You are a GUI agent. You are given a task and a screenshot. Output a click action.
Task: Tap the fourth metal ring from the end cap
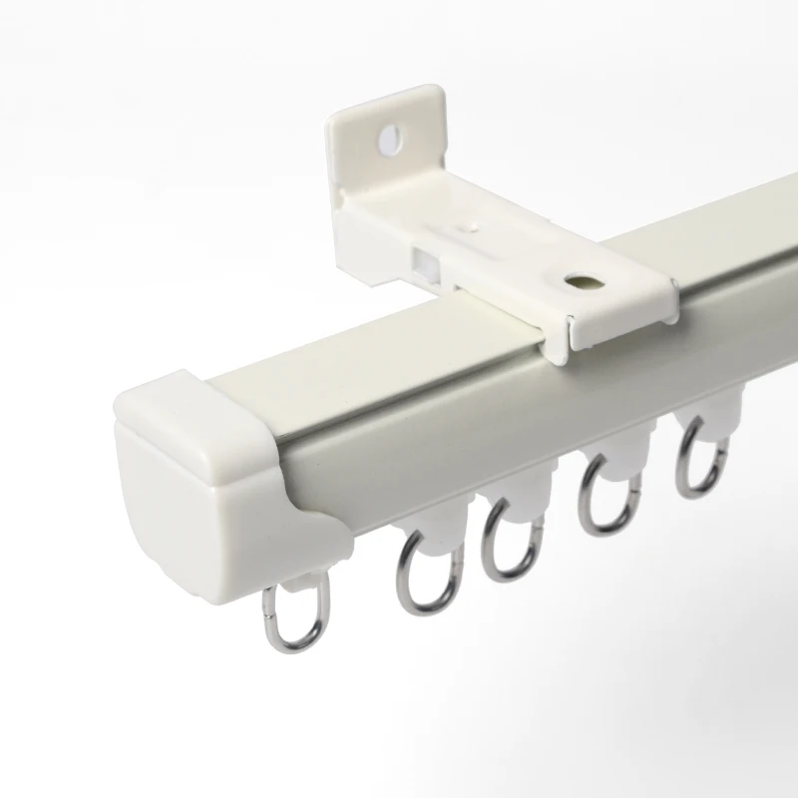pos(606,499)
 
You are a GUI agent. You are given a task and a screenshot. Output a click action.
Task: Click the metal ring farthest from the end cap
pos(699,459)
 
